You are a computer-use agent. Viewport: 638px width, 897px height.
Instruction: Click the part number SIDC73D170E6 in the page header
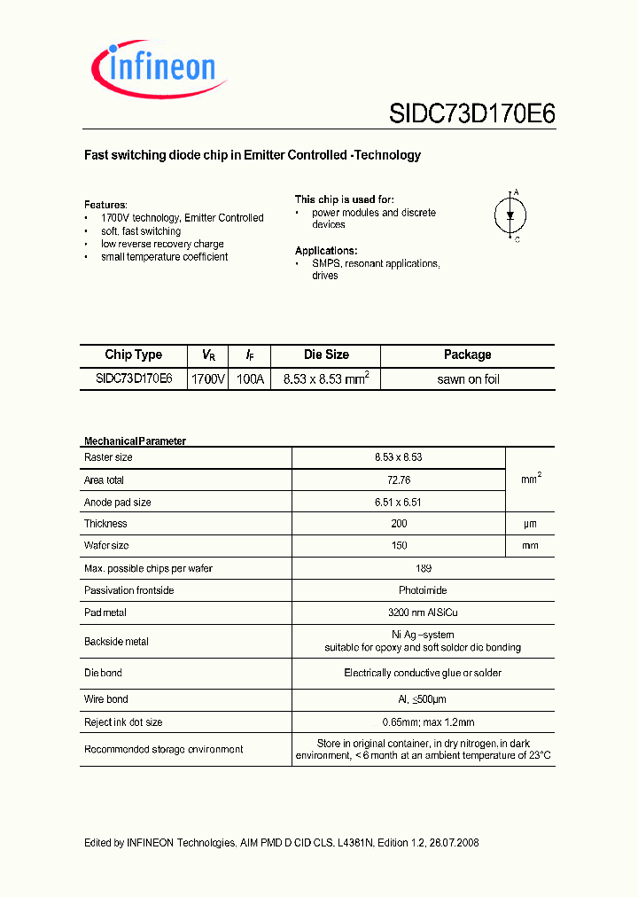[471, 114]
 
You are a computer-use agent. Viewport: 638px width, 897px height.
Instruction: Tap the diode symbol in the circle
[510, 215]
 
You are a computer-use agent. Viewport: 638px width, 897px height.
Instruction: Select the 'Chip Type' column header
[133, 355]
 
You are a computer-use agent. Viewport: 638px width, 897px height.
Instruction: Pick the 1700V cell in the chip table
[209, 378]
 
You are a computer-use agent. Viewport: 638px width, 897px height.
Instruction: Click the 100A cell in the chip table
[250, 378]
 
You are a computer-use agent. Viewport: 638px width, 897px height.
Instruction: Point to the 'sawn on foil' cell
[468, 379]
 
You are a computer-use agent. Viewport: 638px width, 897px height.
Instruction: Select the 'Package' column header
[467, 355]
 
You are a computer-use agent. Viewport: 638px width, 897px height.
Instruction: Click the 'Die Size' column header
[326, 355]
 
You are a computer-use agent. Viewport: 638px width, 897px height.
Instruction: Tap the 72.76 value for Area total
[398, 480]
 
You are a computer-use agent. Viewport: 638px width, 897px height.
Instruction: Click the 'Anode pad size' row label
[117, 502]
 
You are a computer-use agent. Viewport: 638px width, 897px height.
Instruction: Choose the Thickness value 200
[398, 524]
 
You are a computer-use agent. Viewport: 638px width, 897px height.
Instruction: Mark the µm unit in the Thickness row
[530, 524]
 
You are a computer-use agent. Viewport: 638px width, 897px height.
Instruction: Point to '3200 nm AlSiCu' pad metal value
[423, 612]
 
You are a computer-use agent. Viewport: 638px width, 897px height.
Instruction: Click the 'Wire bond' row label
[105, 699]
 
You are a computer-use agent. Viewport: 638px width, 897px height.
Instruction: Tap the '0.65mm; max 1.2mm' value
[423, 722]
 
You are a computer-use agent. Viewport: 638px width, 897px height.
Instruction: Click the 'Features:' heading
[105, 204]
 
